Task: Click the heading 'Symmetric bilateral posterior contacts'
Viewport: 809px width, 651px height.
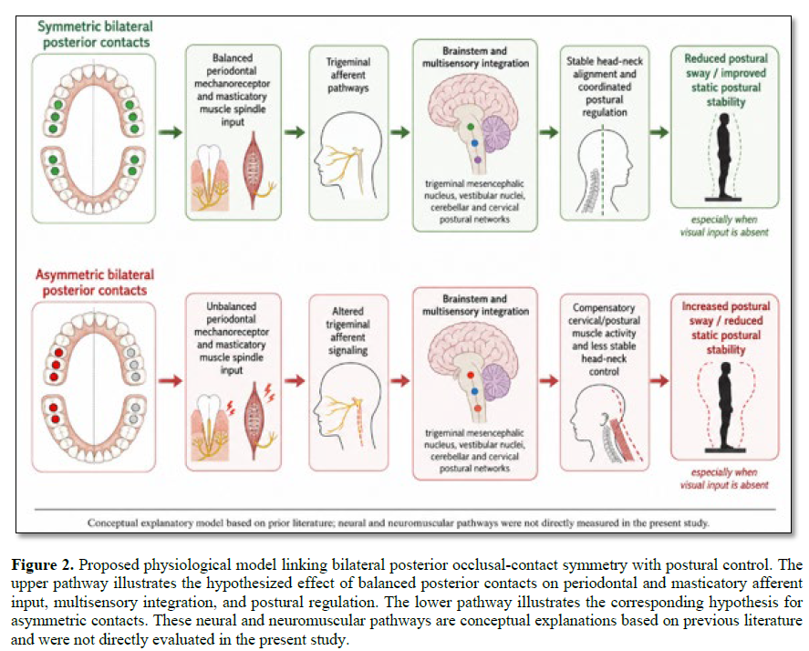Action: [x=96, y=34]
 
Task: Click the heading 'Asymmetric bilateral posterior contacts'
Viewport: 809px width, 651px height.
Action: [x=95, y=282]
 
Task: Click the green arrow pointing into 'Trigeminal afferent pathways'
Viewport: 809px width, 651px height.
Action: [x=295, y=132]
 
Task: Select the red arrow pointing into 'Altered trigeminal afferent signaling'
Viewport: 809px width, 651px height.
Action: [x=295, y=381]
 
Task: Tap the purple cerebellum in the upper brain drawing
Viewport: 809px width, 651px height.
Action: [x=496, y=134]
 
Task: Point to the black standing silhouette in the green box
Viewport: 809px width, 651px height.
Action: [x=725, y=155]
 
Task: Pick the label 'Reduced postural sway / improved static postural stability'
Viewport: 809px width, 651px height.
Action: [x=726, y=80]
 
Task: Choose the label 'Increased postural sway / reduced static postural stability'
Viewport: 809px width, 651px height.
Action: [x=726, y=327]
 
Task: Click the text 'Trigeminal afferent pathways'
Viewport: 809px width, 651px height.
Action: [x=348, y=75]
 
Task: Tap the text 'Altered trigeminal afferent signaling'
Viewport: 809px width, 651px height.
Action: [x=347, y=331]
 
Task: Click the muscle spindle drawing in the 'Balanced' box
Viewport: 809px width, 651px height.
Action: [x=254, y=170]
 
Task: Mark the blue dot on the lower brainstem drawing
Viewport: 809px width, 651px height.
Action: [x=474, y=392]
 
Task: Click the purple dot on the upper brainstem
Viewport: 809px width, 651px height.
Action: [x=477, y=160]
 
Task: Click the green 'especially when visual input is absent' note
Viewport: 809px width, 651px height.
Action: [x=724, y=226]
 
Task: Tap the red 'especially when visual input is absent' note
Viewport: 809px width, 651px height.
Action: [x=724, y=478]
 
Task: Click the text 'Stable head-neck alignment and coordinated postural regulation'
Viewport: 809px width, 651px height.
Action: [x=605, y=87]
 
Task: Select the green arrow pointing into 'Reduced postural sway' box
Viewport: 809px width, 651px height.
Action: [x=659, y=132]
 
